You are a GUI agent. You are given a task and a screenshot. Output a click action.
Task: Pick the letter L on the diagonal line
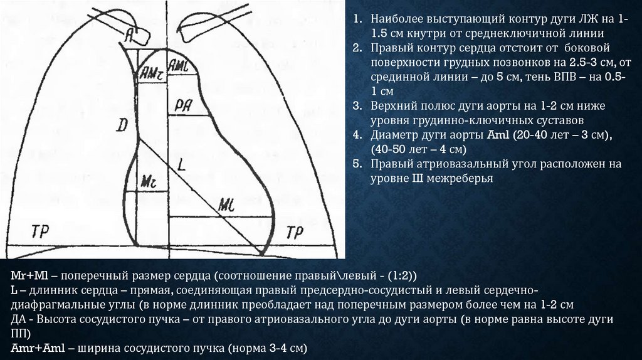pos(181,166)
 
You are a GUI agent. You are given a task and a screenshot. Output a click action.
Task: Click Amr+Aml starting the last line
pos(35,348)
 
